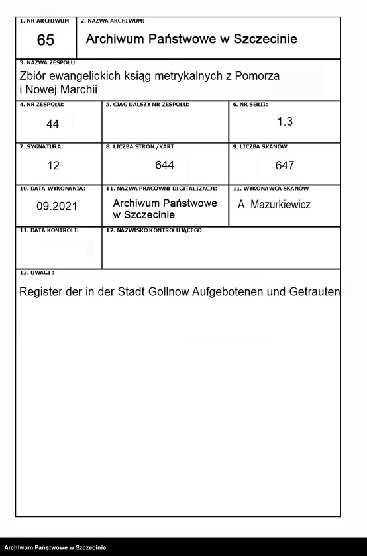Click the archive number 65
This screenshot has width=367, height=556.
[46, 40]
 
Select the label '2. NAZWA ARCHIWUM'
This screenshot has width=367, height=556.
[112, 21]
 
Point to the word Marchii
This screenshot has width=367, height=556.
[87, 89]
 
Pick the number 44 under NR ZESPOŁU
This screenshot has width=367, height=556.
[53, 124]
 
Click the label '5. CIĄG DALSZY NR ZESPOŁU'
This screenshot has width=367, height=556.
[147, 105]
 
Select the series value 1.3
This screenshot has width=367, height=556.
[285, 122]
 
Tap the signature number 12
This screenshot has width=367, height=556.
[53, 165]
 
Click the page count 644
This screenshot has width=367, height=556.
[164, 165]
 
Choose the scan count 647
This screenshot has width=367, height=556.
[285, 165]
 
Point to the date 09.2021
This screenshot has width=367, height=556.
[57, 206]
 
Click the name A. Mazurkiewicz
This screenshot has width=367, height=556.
[274, 205]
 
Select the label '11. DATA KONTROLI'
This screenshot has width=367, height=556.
[49, 230]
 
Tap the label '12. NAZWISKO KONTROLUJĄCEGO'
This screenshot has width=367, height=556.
[154, 230]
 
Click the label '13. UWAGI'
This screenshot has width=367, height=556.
[37, 272]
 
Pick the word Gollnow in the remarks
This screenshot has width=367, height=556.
[168, 292]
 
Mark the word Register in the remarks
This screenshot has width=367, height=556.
[41, 292]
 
